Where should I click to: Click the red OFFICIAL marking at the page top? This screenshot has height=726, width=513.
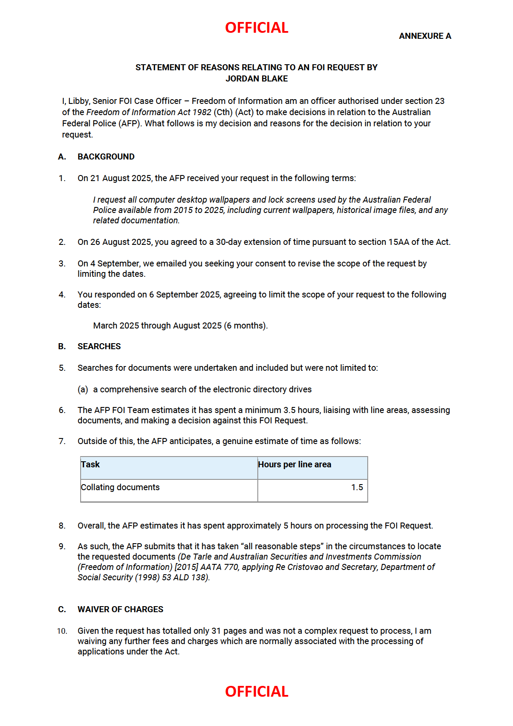(x=256, y=28)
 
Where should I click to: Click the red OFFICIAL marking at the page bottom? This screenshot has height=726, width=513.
(x=256, y=692)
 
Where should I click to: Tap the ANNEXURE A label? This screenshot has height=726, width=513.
(x=425, y=36)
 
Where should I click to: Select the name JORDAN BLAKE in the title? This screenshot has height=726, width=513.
(x=256, y=79)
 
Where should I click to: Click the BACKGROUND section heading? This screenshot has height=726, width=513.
(x=106, y=157)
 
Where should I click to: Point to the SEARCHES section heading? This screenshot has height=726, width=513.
(x=99, y=347)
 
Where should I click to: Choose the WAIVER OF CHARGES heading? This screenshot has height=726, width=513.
(x=120, y=610)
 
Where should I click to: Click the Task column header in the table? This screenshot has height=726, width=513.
(x=91, y=465)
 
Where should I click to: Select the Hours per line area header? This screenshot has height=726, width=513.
(x=294, y=465)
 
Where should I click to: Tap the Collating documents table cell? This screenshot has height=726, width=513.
(x=120, y=488)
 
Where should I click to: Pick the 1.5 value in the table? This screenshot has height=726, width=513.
(x=357, y=488)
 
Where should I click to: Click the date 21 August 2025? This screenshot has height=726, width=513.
(x=121, y=178)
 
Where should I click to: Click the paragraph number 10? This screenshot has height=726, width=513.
(x=62, y=632)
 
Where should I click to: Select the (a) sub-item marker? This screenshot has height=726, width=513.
(x=83, y=390)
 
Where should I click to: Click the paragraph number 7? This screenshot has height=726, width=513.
(x=62, y=441)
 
